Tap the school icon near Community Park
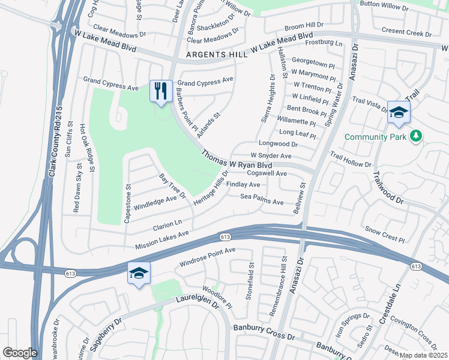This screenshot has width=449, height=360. (399, 112)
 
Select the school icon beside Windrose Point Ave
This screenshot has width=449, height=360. (139, 273)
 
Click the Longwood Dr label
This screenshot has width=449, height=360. (278, 144)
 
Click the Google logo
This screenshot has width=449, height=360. (19, 353)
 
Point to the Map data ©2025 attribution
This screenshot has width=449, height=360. (423, 355)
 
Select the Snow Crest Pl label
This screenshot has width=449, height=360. (385, 235)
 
